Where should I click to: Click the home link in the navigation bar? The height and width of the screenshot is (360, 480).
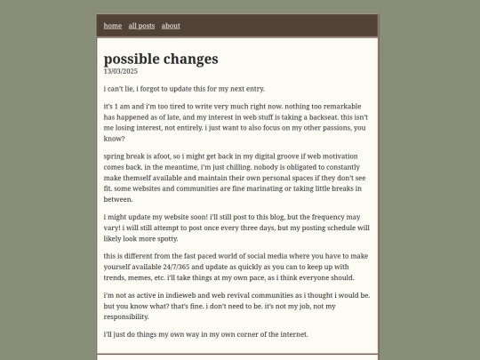pos(113,26)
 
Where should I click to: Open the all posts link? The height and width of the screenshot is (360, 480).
pos(141,26)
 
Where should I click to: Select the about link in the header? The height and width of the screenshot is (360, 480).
pos(171,26)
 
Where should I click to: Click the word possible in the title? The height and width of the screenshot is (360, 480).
pos(136,59)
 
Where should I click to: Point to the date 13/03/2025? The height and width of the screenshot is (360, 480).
pos(121,71)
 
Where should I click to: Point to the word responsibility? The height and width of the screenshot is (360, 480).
pos(126,316)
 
